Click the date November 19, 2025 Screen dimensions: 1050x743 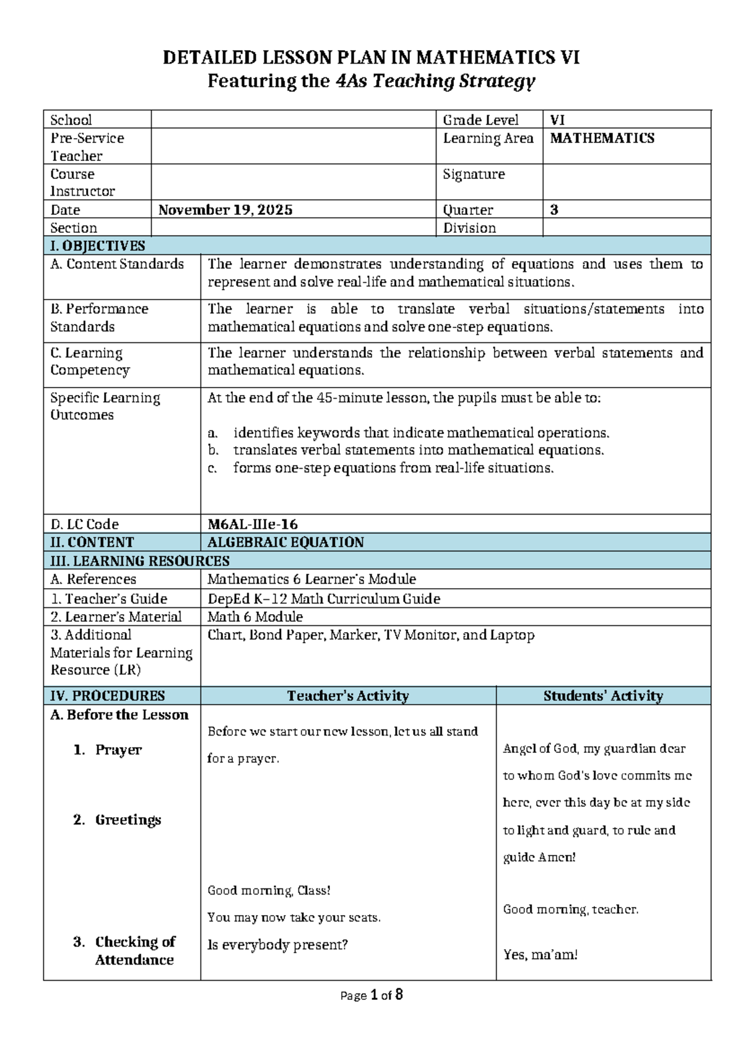[225, 210]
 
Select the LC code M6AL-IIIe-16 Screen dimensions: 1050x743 [253, 524]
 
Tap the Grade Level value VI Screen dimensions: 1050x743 [557, 120]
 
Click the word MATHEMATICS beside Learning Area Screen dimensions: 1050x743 [602, 138]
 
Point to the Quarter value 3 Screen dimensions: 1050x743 [554, 210]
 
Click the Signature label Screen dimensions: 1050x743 [474, 174]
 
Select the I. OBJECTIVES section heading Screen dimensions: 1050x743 [98, 246]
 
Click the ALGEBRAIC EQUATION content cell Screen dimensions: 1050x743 [285, 542]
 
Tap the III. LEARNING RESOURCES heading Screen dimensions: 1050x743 [140, 561]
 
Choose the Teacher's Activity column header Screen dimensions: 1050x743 [348, 696]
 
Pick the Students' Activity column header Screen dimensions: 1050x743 [603, 696]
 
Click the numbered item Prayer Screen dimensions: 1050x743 [118, 750]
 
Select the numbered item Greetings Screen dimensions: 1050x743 [128, 820]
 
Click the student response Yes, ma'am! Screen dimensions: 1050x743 [540, 955]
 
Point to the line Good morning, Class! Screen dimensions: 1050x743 [269, 890]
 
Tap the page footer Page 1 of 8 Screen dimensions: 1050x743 [371, 995]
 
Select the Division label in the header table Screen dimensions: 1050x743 [469, 228]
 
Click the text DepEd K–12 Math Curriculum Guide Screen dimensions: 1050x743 [324, 599]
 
